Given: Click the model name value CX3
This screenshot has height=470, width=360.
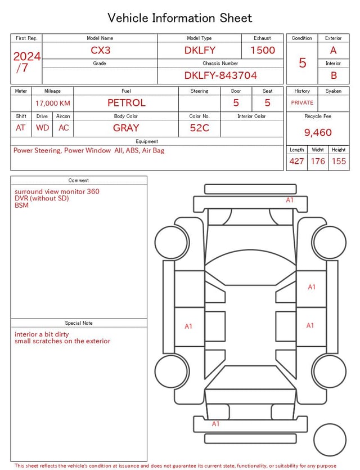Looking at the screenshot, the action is pyautogui.click(x=100, y=50).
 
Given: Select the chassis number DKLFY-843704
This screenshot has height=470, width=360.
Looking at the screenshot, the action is pyautogui.click(x=220, y=75).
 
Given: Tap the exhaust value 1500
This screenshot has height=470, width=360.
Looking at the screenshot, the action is pyautogui.click(x=263, y=50).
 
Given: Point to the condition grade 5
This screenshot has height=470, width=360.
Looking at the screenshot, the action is pyautogui.click(x=303, y=62).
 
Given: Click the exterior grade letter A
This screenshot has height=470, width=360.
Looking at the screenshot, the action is pyautogui.click(x=334, y=50).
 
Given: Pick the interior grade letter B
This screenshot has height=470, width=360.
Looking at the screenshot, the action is pyautogui.click(x=334, y=75).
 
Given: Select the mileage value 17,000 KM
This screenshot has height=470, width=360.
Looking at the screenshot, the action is pyautogui.click(x=53, y=104).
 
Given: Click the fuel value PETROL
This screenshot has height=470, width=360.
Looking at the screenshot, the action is pyautogui.click(x=127, y=103).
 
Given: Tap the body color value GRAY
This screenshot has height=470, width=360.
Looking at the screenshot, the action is pyautogui.click(x=126, y=128).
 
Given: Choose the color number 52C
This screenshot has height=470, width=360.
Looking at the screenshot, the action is pyautogui.click(x=200, y=128).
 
